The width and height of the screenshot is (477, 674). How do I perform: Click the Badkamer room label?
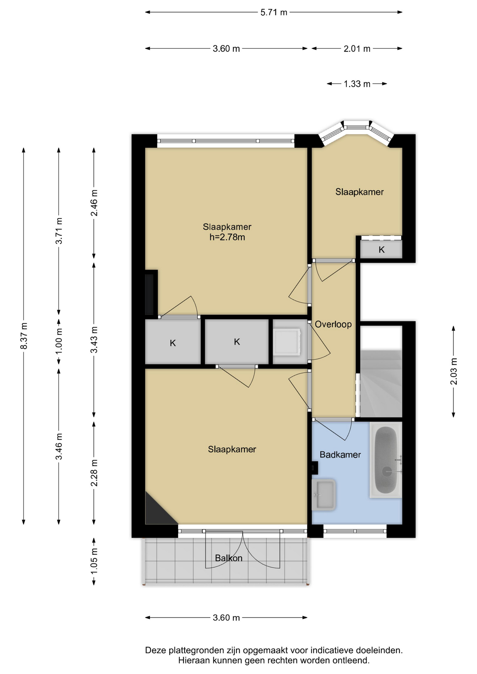(340, 455)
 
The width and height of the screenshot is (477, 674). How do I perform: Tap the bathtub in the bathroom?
(386, 460)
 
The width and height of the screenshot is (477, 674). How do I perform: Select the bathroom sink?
(324, 495)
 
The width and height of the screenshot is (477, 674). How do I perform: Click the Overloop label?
(333, 324)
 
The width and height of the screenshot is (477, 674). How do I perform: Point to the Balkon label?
(229, 558)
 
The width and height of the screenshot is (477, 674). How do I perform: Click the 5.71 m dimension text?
(274, 12)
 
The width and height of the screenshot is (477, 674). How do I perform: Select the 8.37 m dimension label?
(24, 336)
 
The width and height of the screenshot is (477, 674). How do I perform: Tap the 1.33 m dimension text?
(357, 84)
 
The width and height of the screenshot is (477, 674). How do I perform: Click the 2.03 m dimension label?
(454, 371)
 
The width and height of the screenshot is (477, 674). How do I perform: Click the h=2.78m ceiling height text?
(227, 237)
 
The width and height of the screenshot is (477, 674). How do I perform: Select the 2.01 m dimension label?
(357, 48)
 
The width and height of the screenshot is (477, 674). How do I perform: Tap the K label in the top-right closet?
(381, 250)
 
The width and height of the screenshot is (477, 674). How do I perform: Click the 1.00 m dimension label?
(59, 341)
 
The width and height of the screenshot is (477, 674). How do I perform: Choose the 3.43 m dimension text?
(94, 340)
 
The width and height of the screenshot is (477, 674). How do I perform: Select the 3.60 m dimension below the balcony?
(226, 617)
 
